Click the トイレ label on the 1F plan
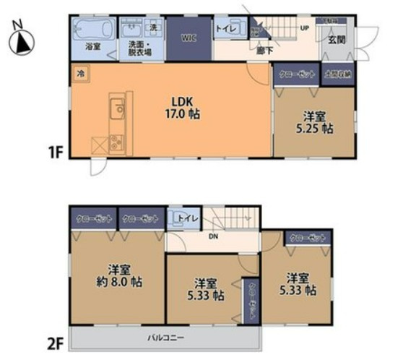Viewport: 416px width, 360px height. (224, 29)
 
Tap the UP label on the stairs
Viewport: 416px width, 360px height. (305, 28)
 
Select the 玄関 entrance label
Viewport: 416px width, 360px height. (336, 40)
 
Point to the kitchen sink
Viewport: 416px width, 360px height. (117, 111)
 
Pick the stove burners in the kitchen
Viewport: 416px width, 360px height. (117, 142)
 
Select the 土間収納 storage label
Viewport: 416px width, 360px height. (337, 74)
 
